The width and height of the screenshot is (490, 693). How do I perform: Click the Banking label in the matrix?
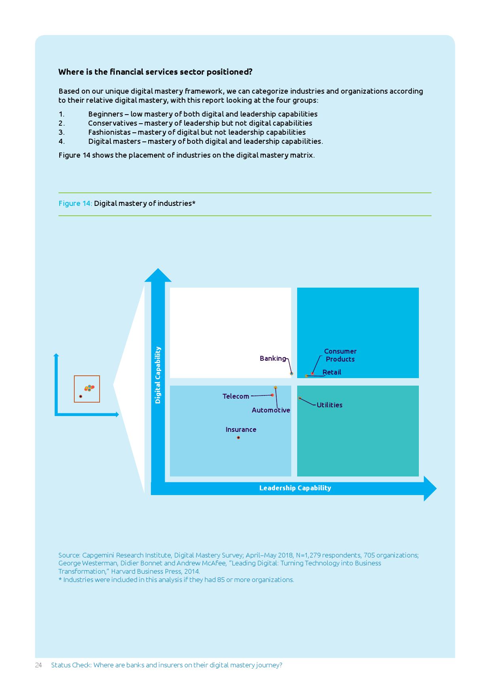click(x=273, y=358)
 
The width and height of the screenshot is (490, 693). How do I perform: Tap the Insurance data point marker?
click(x=238, y=437)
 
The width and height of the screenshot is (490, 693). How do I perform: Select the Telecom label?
click(x=236, y=396)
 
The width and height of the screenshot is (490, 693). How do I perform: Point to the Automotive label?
click(x=271, y=410)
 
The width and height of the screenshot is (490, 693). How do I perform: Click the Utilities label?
click(x=330, y=405)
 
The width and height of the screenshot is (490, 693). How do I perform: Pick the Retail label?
click(x=332, y=372)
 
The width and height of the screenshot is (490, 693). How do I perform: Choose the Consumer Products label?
click(x=340, y=355)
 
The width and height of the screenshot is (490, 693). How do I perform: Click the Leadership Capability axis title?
click(x=295, y=488)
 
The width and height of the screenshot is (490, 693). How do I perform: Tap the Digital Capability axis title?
click(x=158, y=375)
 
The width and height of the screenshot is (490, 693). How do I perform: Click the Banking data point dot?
click(x=292, y=373)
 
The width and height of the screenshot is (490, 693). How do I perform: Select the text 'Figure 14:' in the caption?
click(x=75, y=203)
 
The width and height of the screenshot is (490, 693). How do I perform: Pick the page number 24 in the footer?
click(x=38, y=665)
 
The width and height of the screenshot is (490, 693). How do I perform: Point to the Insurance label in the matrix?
click(x=241, y=429)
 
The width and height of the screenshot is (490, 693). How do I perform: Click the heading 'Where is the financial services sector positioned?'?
click(x=155, y=72)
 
